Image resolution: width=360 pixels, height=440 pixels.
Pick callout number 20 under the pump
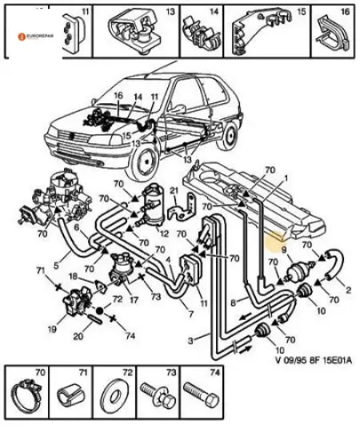77,336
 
